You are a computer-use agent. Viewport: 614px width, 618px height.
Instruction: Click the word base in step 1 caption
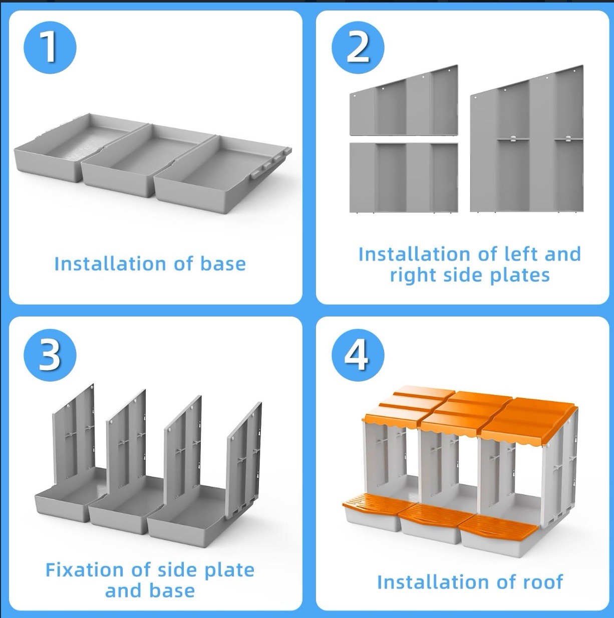pyautogui.click(x=223, y=264)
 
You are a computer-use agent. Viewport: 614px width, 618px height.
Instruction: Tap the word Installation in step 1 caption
pyautogui.click(x=110, y=264)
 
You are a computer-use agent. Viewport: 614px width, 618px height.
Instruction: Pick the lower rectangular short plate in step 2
pyautogui.click(x=403, y=178)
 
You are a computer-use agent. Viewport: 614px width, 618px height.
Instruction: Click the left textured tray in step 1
pyautogui.click(x=65, y=148)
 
